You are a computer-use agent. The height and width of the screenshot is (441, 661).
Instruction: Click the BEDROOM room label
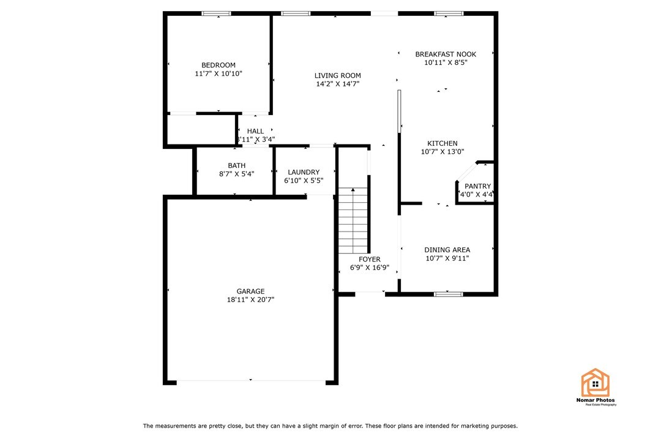click(218, 66)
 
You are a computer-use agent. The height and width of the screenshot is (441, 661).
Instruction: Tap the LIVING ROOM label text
click(338, 76)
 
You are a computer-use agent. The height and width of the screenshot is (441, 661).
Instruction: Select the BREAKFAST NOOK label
click(445, 54)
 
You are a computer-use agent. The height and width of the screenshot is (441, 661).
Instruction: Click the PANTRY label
click(477, 186)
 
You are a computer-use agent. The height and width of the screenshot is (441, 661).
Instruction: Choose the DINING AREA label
click(447, 250)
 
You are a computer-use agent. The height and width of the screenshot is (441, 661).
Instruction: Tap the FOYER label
click(370, 260)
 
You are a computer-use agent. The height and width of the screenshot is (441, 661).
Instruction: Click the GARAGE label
click(250, 292)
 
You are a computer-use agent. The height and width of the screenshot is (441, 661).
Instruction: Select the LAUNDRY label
click(304, 173)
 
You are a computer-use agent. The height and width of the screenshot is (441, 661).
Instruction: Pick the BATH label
click(236, 165)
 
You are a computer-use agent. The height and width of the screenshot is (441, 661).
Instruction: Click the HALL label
click(255, 131)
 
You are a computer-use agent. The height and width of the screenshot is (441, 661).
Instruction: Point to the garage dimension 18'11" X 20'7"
click(250, 300)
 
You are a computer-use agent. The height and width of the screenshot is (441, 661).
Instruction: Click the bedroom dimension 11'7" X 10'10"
click(218, 74)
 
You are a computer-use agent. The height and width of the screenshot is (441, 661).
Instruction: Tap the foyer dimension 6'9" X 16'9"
click(370, 268)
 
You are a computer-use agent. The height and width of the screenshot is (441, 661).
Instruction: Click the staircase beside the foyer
click(353, 221)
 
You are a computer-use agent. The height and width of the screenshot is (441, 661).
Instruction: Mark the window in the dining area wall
click(448, 294)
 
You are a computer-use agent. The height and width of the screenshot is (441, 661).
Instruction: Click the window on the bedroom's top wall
click(217, 13)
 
